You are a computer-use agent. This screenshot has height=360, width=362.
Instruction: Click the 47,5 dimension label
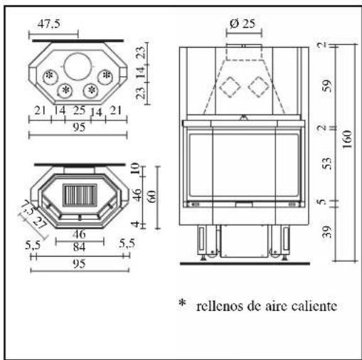[x=49, y=23]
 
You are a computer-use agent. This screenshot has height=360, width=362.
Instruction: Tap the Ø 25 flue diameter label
[x=243, y=23]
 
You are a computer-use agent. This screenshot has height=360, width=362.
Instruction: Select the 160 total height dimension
[x=347, y=139]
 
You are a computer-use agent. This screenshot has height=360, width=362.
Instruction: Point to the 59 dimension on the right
[x=327, y=85]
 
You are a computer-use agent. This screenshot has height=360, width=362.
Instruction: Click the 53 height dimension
[x=327, y=163]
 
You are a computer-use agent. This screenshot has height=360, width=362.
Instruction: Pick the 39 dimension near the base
[x=327, y=232]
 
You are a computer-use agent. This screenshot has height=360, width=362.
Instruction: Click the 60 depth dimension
[x=153, y=196]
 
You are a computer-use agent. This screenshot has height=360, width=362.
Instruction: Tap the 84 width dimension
[x=79, y=247]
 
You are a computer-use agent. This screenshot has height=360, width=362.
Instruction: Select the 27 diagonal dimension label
[x=38, y=223]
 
